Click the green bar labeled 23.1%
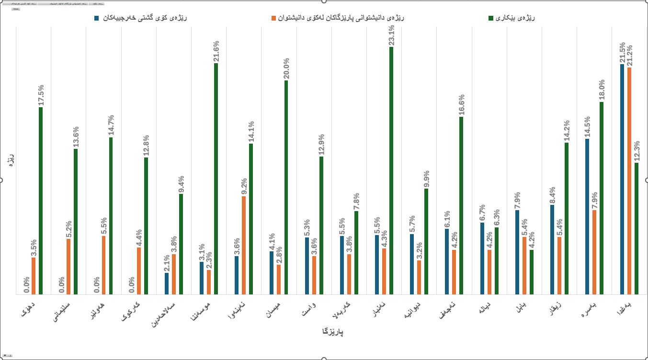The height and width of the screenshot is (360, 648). pyautogui.click(x=391, y=170)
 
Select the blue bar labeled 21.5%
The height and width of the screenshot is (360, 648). pyautogui.click(x=622, y=179)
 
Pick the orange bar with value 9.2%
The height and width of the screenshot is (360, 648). pyautogui.click(x=244, y=245)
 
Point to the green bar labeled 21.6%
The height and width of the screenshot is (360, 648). pyautogui.click(x=216, y=179)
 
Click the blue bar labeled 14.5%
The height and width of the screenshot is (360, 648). pyautogui.click(x=587, y=216)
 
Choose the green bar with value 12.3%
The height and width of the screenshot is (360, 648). pyautogui.click(x=637, y=228)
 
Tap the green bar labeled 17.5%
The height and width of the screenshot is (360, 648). pyautogui.click(x=41, y=201)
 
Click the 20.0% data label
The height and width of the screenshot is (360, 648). pyautogui.click(x=286, y=69)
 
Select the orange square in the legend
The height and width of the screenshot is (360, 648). pyautogui.click(x=274, y=18)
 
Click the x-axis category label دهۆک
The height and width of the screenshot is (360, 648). pyautogui.click(x=31, y=310)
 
